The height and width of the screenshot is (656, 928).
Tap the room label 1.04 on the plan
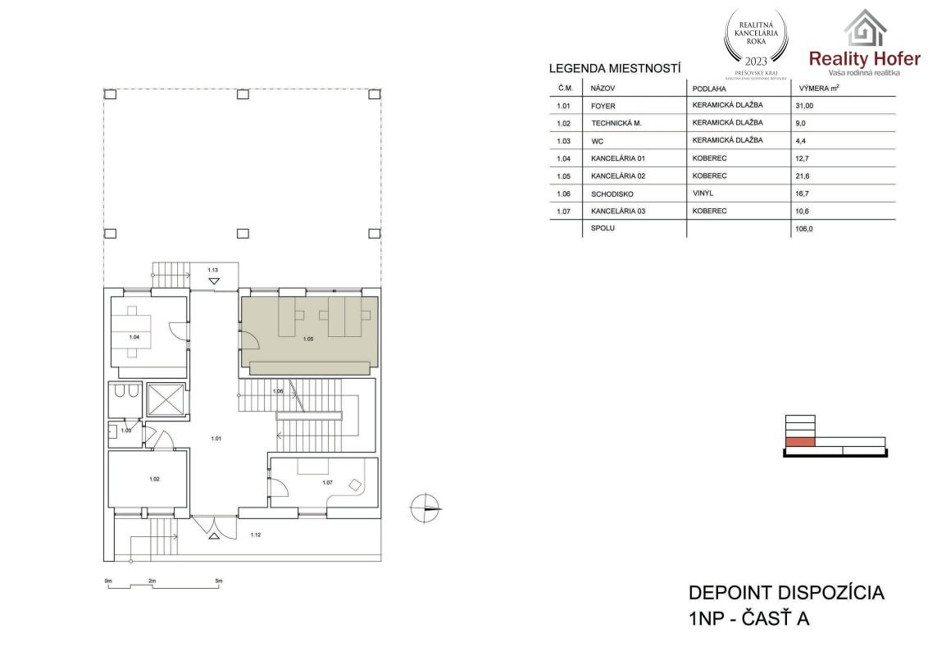click(x=134, y=337)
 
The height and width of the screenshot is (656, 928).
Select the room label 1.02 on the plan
click(x=153, y=478)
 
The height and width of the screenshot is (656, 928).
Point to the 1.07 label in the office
click(x=327, y=482)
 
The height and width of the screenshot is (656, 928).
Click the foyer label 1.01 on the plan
click(x=216, y=439)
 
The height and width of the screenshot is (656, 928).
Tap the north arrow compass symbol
click(x=425, y=508)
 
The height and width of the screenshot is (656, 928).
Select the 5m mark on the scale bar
click(x=219, y=581)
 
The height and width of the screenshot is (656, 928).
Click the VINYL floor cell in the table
click(x=703, y=194)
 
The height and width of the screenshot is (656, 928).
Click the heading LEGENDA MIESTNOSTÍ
click(x=614, y=69)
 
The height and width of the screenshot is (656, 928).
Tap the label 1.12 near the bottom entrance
click(x=256, y=535)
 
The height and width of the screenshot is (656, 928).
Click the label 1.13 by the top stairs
click(x=212, y=270)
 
